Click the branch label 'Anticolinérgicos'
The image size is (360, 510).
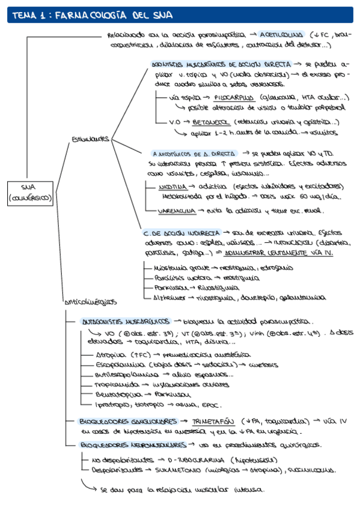pos(90,301)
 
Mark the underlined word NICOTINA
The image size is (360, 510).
pos(173,186)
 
